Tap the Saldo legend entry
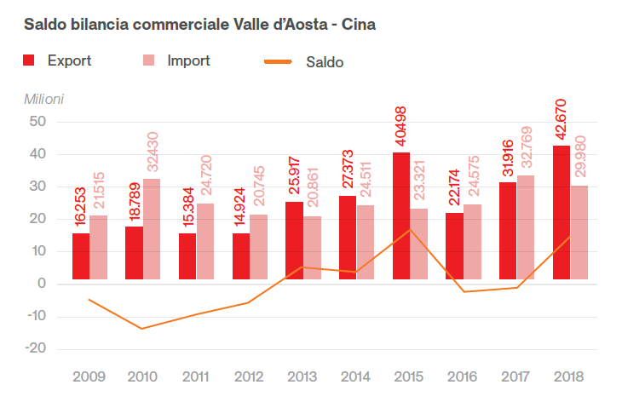coord(306,62)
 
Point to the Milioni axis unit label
coord(43,98)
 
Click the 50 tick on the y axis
coord(37,122)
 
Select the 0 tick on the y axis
coord(42,284)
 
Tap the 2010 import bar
coord(152,229)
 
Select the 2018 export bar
coord(562,213)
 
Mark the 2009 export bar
coord(81,256)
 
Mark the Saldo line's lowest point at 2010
coord(142,329)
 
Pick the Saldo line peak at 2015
coord(410,229)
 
